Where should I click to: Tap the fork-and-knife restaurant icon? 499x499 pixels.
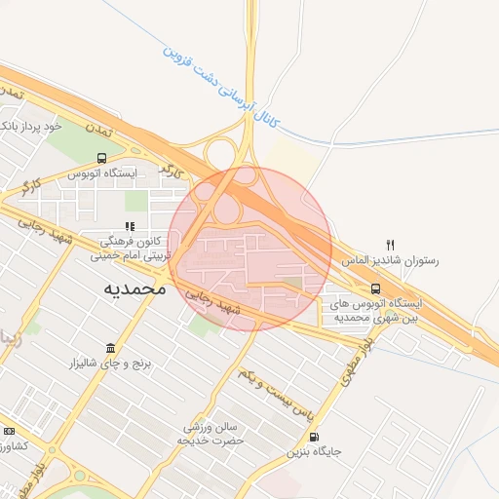(391, 245)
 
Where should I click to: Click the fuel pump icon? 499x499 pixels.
(312, 438)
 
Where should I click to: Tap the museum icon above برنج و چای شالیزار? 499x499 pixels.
(109, 348)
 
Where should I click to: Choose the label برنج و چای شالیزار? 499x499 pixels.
(109, 365)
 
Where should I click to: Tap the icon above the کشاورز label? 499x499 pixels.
(10, 432)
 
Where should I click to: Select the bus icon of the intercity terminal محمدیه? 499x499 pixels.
(376, 288)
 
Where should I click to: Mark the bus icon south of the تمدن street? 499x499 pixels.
(102, 158)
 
